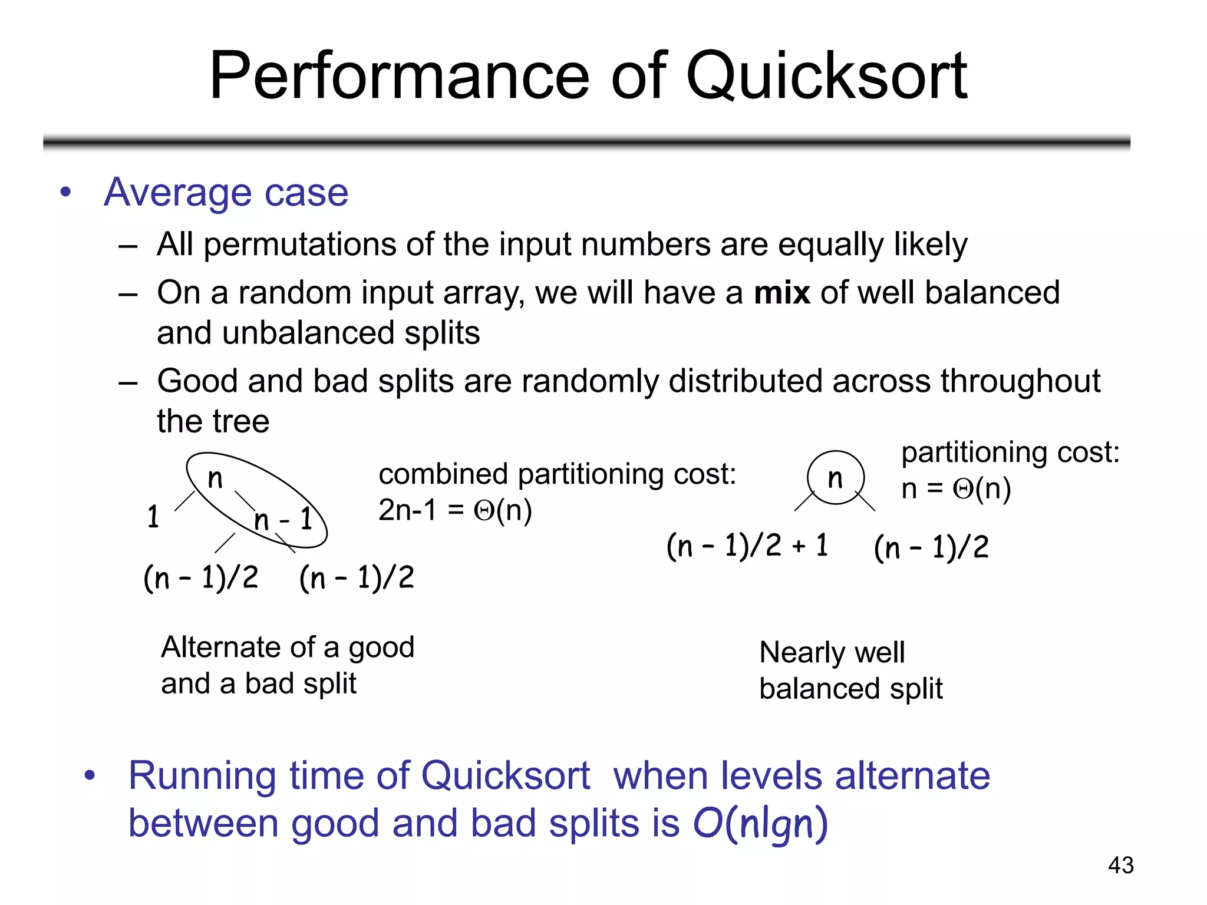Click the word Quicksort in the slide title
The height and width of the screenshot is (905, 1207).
click(x=826, y=77)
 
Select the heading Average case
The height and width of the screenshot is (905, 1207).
click(x=226, y=193)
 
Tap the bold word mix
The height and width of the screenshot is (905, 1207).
click(x=782, y=293)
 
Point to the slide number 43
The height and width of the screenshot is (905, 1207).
click(x=1120, y=865)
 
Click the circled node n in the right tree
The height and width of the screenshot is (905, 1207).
click(x=835, y=478)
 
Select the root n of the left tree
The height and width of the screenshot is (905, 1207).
click(x=215, y=478)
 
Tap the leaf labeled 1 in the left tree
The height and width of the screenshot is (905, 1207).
click(x=153, y=517)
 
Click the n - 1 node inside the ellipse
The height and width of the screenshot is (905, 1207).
click(x=283, y=520)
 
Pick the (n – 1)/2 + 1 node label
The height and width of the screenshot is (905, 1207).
click(x=747, y=546)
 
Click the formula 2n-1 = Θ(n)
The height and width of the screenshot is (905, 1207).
click(x=455, y=510)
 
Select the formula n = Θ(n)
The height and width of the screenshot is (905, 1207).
click(x=956, y=489)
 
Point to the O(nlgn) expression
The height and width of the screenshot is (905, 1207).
click(x=760, y=823)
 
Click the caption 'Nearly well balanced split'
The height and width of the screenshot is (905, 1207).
click(x=850, y=671)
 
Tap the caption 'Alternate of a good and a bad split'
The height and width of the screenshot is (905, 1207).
click(x=288, y=665)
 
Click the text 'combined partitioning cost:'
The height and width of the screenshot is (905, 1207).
click(x=557, y=474)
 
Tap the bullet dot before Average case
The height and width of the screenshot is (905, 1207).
click(x=65, y=192)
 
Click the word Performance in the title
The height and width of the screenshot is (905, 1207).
click(x=399, y=77)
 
